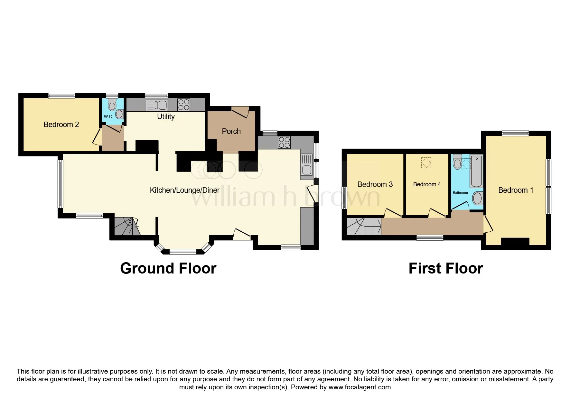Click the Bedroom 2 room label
[x=61, y=125]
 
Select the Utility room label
[x=166, y=116]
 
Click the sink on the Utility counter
[x=157, y=105]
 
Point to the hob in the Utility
[x=184, y=105]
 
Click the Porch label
[x=231, y=131]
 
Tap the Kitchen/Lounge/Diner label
[x=184, y=190]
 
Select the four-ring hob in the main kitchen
[x=285, y=143]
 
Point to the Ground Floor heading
[x=168, y=268]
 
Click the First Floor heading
[x=446, y=268]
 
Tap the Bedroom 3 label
[x=375, y=184]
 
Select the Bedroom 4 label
[x=427, y=184]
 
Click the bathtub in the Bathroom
[x=476, y=171]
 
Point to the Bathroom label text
[x=460, y=193]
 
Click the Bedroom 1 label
[x=516, y=190]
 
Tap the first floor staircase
[x=364, y=227]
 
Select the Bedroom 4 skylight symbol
[x=426, y=162]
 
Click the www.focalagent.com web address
[x=360, y=387]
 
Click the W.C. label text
[x=108, y=116]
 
